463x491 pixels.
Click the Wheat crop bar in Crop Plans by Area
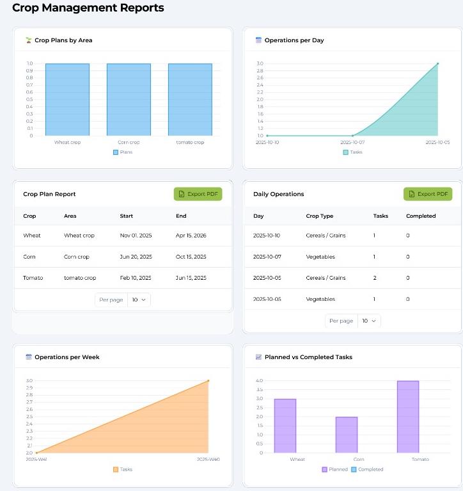[67, 99]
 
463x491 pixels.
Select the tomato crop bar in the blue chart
[190, 99]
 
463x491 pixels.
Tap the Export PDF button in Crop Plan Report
[198, 194]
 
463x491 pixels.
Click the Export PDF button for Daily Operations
[427, 194]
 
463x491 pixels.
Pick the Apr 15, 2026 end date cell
[191, 236]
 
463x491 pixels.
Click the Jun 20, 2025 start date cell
[136, 257]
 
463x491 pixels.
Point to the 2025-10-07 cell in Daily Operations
[267, 257]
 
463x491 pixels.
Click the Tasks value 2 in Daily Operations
[375, 278]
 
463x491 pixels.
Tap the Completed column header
[420, 216]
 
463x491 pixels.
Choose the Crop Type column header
[319, 216]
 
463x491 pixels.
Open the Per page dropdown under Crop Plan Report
[139, 300]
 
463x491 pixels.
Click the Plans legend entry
[123, 152]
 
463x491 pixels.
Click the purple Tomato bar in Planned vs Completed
[407, 417]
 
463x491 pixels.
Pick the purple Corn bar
[346, 435]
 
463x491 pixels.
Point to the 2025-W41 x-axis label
[36, 459]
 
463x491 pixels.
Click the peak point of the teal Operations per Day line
[438, 63]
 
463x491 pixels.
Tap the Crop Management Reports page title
[88, 8]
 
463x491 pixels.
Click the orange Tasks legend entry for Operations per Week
[123, 469]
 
